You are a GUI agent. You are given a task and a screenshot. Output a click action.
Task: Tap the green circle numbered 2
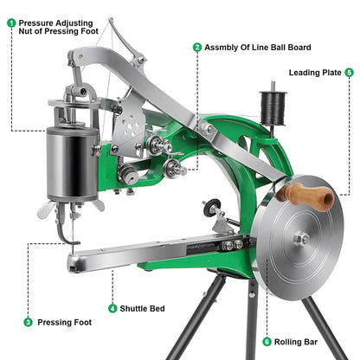196,47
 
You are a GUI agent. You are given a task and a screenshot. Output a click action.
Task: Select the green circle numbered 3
29,322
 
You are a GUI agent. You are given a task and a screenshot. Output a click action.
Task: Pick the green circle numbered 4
112,308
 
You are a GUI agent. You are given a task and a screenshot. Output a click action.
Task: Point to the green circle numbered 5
349,73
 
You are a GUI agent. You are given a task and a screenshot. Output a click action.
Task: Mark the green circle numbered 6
267,342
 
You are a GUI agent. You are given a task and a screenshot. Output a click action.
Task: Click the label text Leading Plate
315,73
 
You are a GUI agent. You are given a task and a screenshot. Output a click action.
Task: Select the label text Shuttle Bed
145,308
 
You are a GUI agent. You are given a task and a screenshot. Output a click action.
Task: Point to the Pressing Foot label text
62,322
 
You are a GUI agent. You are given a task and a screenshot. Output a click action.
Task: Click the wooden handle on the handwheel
309,196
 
